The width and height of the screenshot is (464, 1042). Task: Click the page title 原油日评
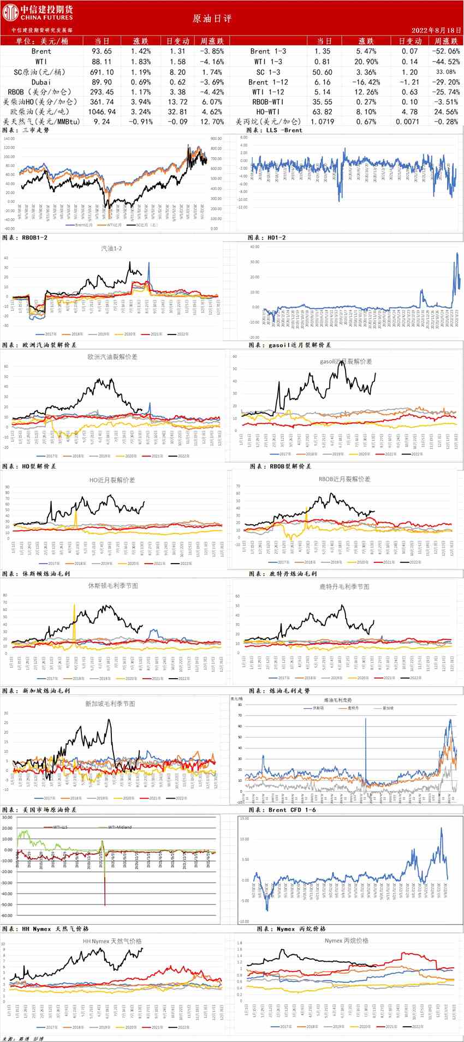pyautogui.click(x=212, y=19)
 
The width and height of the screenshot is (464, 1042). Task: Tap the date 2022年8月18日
pyautogui.click(x=437, y=31)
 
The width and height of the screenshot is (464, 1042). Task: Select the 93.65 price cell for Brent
pyautogui.click(x=102, y=51)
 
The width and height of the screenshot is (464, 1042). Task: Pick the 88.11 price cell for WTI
pyautogui.click(x=102, y=62)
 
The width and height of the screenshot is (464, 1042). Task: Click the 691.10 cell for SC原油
pyautogui.click(x=102, y=72)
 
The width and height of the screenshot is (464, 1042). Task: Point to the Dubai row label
pyautogui.click(x=41, y=82)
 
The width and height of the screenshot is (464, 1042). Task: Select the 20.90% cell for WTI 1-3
pyautogui.click(x=366, y=62)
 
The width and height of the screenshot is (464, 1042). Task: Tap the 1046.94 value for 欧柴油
pyautogui.click(x=102, y=112)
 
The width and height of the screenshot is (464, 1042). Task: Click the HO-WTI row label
pyautogui.click(x=268, y=112)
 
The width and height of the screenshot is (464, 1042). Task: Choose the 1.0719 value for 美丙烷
pyautogui.click(x=323, y=122)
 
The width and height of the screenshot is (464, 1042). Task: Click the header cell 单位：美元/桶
pyautogui.click(x=42, y=41)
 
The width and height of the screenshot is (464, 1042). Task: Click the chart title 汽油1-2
pyautogui.click(x=111, y=248)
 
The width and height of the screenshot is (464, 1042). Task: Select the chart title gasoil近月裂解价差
pyautogui.click(x=346, y=361)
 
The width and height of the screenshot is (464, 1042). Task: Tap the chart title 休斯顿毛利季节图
pyautogui.click(x=113, y=585)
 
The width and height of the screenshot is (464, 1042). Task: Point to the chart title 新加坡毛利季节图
pyautogui.click(x=110, y=704)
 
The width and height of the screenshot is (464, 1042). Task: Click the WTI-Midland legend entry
pyautogui.click(x=120, y=827)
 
